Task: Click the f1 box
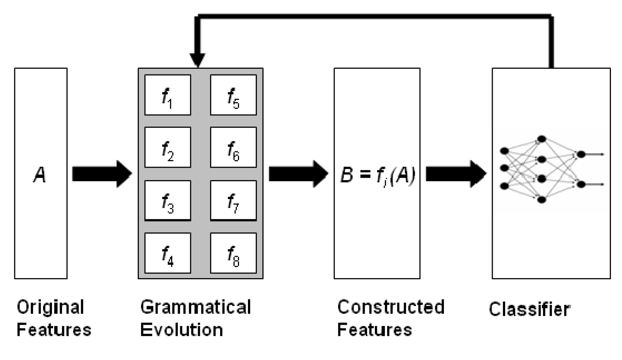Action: tap(167, 95)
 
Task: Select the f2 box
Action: tap(167, 147)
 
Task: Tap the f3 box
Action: tap(167, 200)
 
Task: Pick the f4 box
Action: tap(167, 253)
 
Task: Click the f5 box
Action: tap(233, 95)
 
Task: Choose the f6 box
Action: tap(233, 147)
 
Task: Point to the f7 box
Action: tap(233, 200)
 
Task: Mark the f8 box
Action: tap(233, 253)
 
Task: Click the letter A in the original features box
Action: tap(40, 175)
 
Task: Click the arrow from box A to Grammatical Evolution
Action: tap(102, 174)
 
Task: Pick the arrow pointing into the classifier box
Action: tap(456, 174)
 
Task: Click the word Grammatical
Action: tap(196, 307)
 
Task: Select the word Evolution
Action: tap(181, 330)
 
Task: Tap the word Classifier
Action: tap(529, 309)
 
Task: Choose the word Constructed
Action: tap(390, 307)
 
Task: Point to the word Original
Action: tap(50, 307)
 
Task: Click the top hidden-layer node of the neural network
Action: tap(541, 139)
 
